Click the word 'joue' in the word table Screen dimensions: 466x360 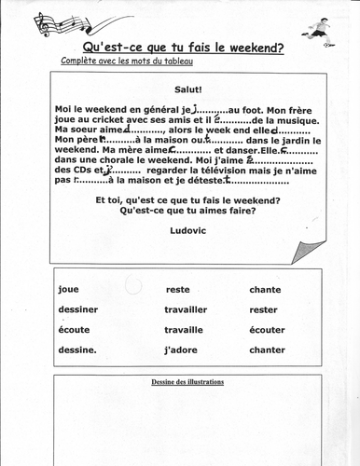tap(68, 289)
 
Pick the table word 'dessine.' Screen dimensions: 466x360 tap(77, 350)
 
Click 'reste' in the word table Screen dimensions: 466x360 tap(177, 290)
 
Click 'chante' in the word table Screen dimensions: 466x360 tap(266, 290)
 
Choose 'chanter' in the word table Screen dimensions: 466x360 tap(268, 350)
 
